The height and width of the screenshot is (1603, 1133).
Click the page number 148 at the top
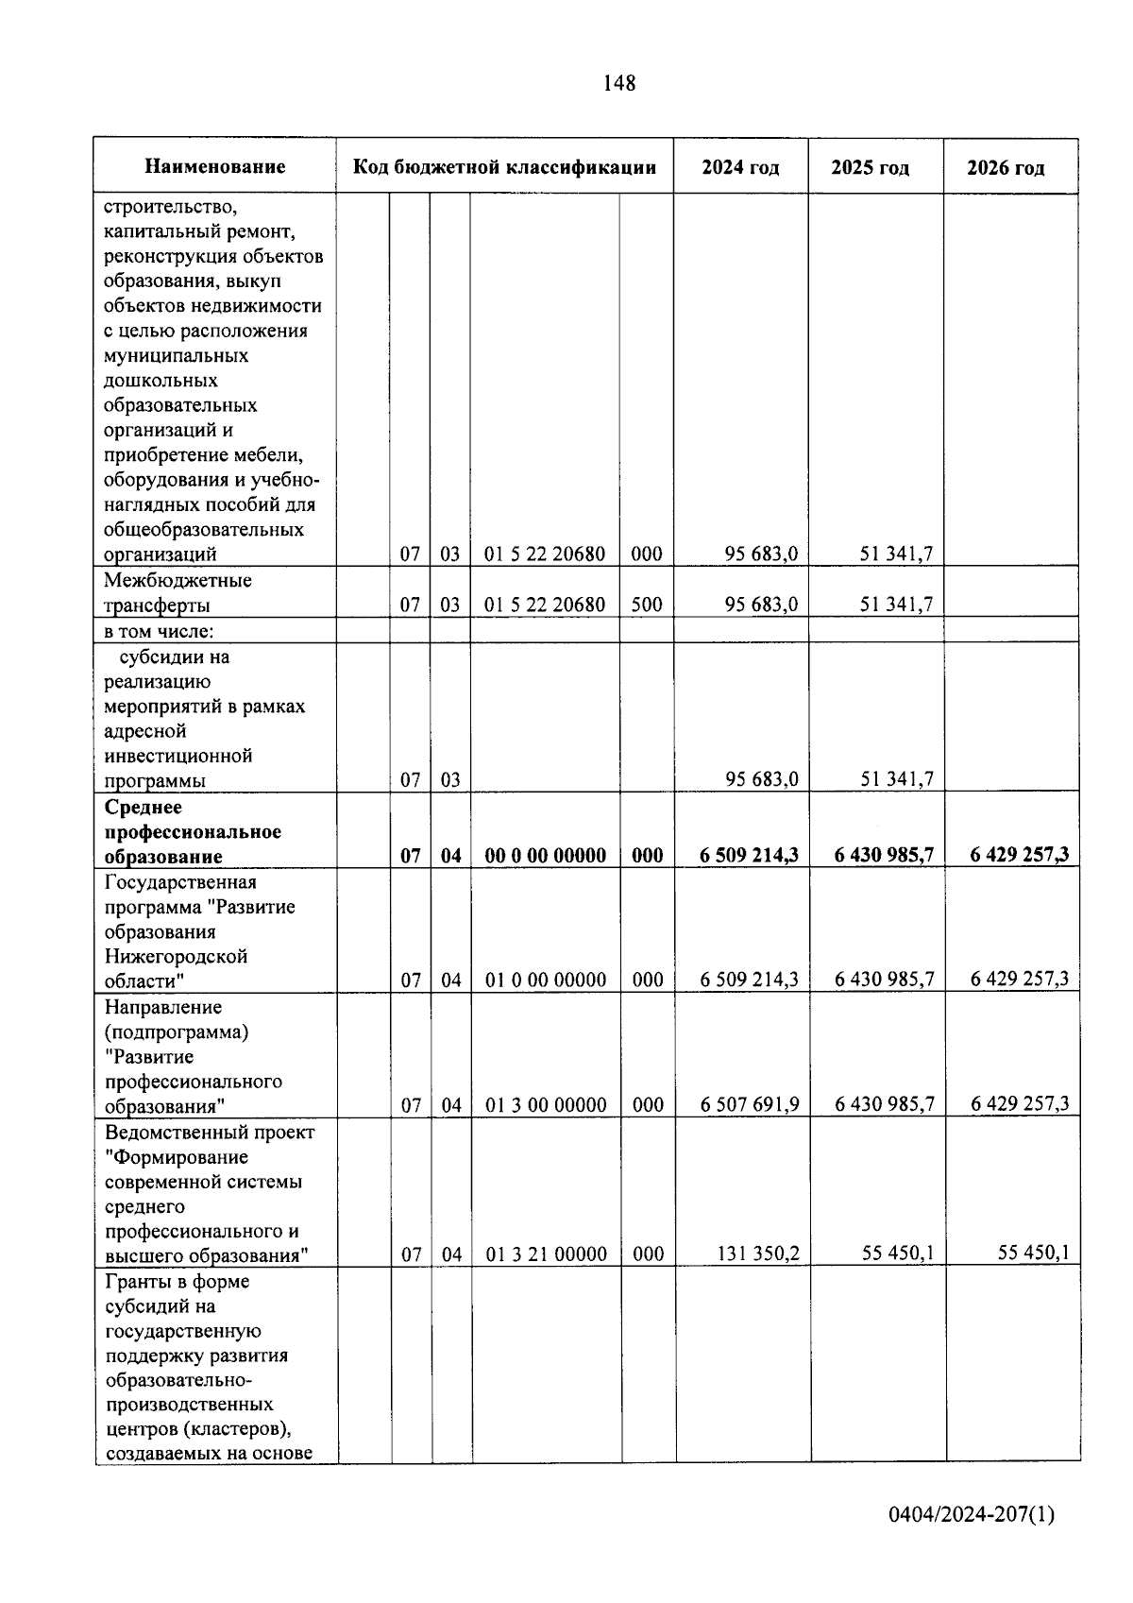point(618,83)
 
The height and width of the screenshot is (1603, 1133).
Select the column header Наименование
point(215,167)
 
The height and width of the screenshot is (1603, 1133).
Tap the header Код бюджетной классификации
point(504,167)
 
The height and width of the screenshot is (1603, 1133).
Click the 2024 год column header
point(740,167)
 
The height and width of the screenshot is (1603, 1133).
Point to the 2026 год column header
point(1006,168)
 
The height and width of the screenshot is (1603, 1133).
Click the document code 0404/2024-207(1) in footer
point(971,1515)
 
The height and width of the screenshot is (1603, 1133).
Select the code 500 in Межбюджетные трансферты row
point(646,605)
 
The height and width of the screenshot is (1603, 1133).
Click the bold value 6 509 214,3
point(749,855)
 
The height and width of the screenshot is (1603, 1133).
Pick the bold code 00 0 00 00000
point(545,856)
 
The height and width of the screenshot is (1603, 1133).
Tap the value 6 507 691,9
point(750,1103)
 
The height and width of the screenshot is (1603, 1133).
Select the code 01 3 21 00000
point(546,1254)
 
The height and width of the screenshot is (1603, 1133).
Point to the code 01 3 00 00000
point(546,1104)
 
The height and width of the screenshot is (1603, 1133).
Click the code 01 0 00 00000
point(546,980)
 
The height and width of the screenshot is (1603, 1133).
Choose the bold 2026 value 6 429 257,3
point(1019,855)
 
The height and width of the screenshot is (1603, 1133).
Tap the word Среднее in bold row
point(143,808)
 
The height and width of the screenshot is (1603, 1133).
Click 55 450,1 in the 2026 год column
point(1033,1253)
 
